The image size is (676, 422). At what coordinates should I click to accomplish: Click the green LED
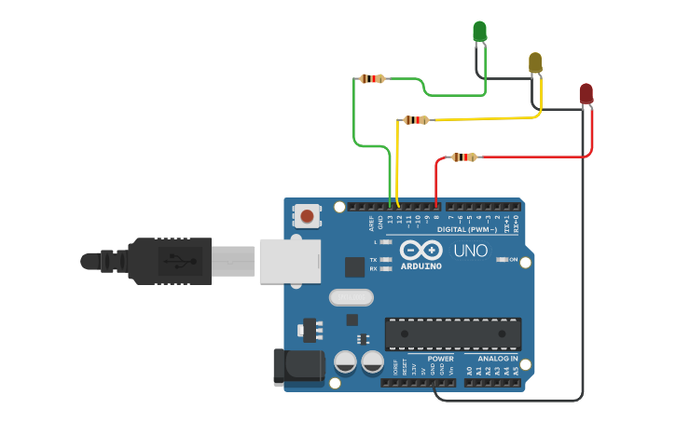(x=479, y=32)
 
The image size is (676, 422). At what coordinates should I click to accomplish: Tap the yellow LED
(x=535, y=63)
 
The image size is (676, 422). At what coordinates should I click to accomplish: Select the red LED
(x=586, y=93)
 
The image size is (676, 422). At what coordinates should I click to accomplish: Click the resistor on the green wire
(x=373, y=79)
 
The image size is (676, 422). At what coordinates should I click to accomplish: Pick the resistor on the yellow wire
(x=416, y=120)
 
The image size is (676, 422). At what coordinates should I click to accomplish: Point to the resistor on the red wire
(x=463, y=157)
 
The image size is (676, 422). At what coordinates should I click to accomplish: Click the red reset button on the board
(x=307, y=218)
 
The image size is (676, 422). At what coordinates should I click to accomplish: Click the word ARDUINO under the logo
(x=421, y=265)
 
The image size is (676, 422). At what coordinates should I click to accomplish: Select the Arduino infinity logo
(x=421, y=251)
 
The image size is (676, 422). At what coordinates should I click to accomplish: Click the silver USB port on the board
(x=289, y=261)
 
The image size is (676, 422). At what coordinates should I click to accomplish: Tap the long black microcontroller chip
(x=453, y=334)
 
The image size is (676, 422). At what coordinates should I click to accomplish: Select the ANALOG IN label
(x=497, y=359)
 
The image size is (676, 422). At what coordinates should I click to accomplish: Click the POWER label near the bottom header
(x=440, y=359)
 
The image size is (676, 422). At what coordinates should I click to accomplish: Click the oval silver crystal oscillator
(x=351, y=298)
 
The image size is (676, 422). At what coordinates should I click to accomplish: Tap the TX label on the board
(x=374, y=260)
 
